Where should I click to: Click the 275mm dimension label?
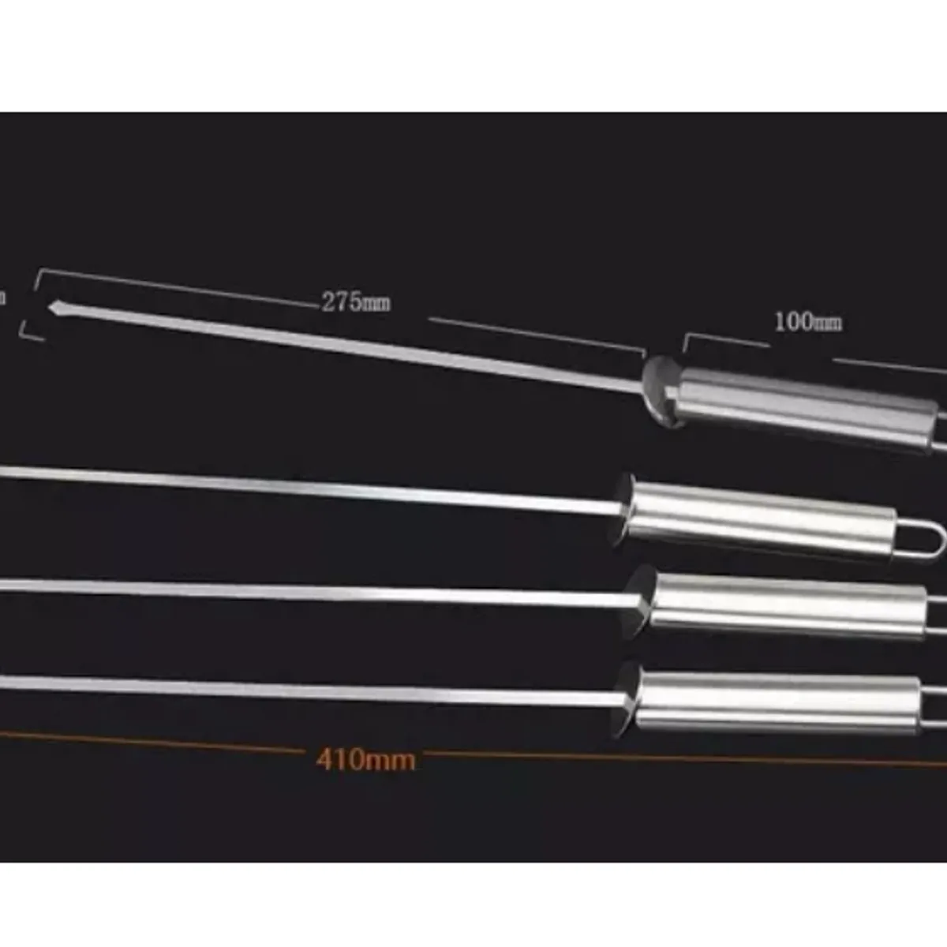click(x=355, y=302)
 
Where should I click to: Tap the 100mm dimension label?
click(x=807, y=322)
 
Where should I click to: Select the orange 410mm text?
click(x=365, y=759)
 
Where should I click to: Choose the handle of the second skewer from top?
click(x=762, y=518)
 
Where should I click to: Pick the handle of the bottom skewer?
click(x=777, y=698)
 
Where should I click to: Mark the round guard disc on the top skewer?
click(x=661, y=391)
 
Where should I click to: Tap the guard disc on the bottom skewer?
click(x=627, y=698)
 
